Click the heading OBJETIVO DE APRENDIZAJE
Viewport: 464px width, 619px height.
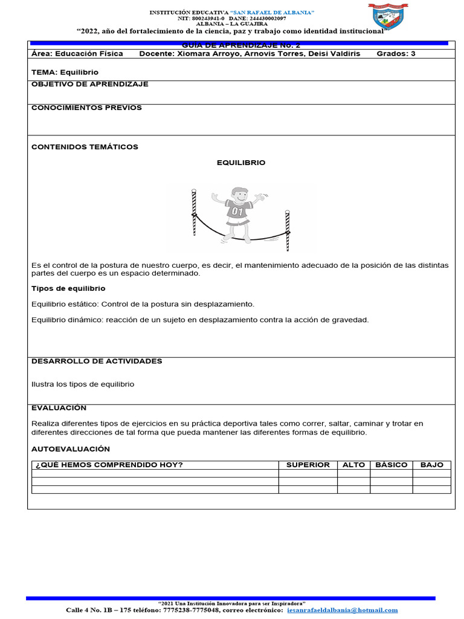[89, 84]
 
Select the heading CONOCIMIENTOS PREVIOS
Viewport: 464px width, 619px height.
[86, 108]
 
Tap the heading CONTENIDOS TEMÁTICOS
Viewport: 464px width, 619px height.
[85, 147]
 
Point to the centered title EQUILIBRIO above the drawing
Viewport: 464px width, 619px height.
[241, 163]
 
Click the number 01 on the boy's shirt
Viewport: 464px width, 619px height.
[237, 212]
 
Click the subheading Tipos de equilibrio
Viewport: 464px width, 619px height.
[68, 288]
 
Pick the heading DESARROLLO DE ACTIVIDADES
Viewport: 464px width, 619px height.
[97, 361]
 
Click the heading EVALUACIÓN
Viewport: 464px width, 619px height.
[59, 408]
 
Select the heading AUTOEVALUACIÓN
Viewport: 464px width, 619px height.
[71, 449]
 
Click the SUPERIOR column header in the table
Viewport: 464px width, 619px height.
[308, 465]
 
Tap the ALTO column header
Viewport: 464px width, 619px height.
[353, 465]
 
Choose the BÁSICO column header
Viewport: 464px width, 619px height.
[391, 465]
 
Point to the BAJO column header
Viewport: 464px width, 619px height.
[431, 465]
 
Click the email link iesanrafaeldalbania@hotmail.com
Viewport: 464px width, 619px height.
[343, 611]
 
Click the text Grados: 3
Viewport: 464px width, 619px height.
[396, 54]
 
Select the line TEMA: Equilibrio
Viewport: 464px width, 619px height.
[65, 72]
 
